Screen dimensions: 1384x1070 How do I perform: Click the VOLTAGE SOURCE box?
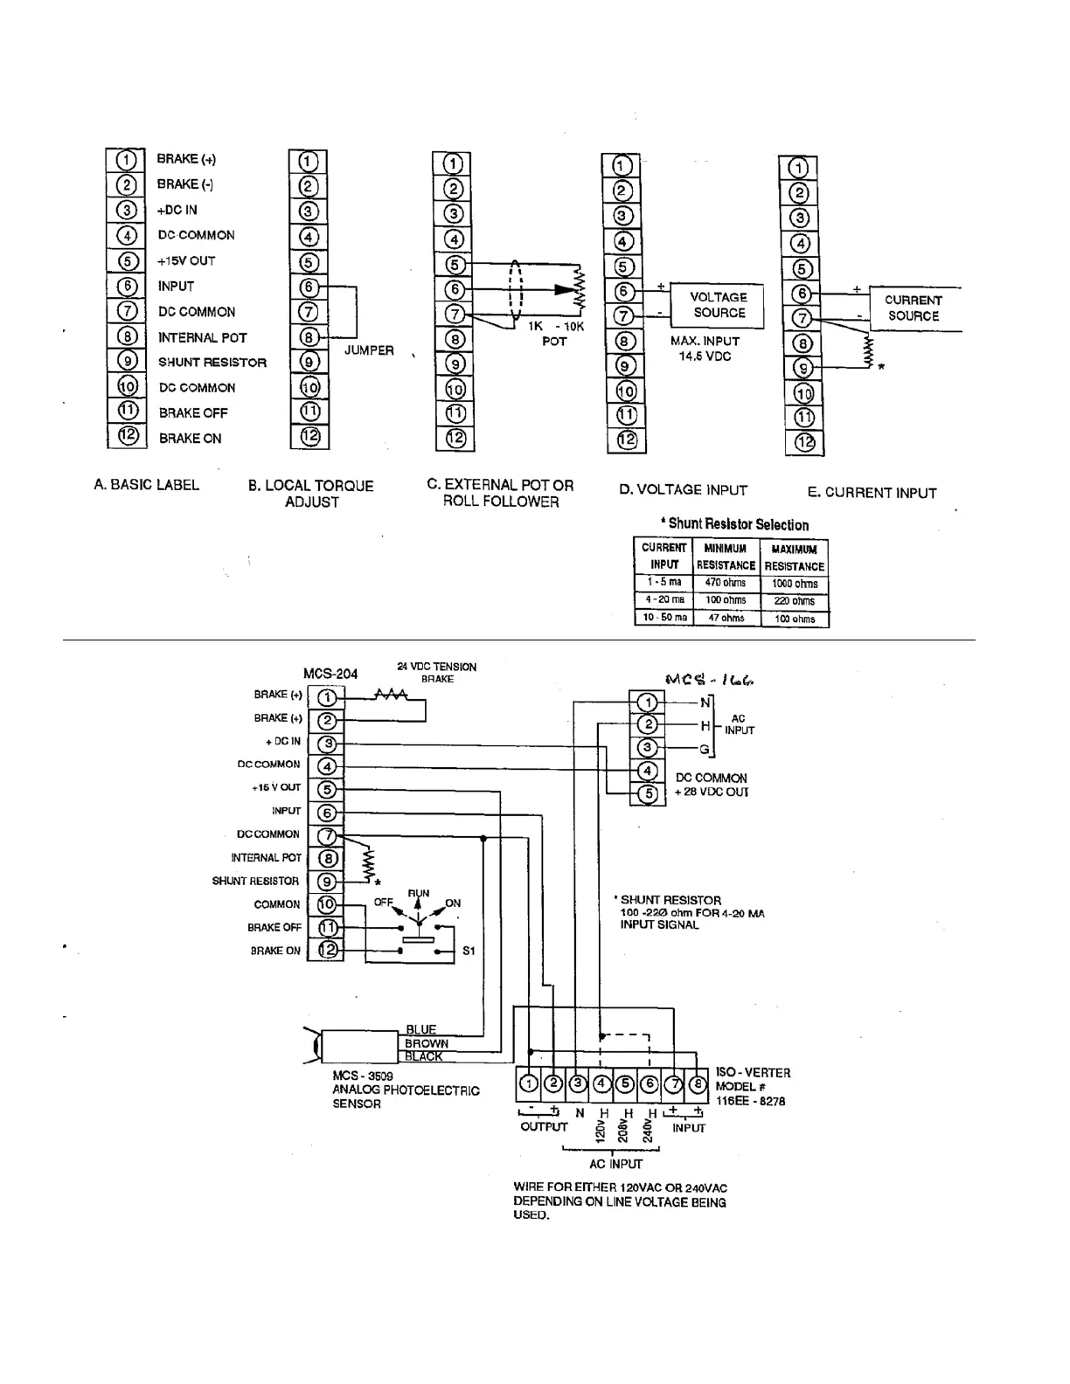click(719, 305)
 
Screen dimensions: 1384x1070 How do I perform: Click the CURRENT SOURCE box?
click(914, 308)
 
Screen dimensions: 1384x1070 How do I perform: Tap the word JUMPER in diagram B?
click(368, 350)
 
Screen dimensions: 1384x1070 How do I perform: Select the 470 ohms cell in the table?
click(726, 583)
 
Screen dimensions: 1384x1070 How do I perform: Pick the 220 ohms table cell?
click(794, 601)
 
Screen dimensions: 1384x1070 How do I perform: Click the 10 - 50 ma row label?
click(664, 618)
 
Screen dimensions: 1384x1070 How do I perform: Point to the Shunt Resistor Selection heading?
click(737, 524)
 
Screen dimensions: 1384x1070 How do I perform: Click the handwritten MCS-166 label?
click(709, 679)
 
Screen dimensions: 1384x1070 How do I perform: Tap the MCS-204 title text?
click(330, 674)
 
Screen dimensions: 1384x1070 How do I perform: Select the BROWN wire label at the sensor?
click(427, 1043)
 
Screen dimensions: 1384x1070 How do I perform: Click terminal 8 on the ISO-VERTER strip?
click(698, 1084)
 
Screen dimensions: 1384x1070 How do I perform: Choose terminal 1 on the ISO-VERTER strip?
click(529, 1084)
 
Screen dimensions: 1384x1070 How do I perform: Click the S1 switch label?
click(469, 951)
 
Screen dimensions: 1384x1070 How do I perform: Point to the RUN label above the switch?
click(419, 894)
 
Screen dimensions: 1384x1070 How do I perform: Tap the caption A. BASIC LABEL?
click(146, 485)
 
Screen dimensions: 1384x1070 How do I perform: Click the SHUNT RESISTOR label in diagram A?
click(212, 363)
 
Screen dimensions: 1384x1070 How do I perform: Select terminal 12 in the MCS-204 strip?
click(327, 950)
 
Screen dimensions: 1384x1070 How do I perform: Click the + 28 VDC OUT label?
click(712, 792)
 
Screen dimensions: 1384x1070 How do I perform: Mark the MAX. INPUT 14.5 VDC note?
click(705, 349)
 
